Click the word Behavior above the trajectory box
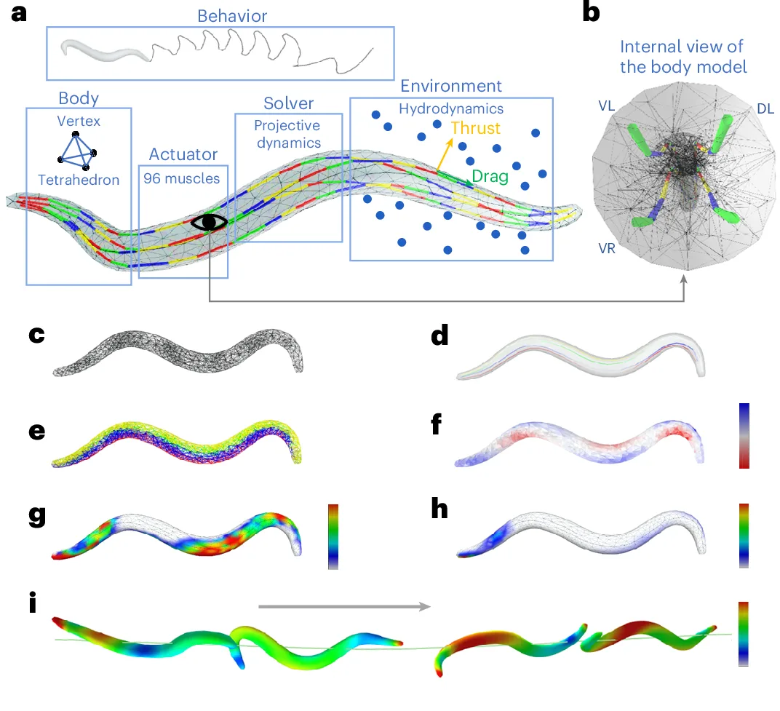coord(220,15)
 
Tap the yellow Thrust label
coord(475,129)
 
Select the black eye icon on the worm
coord(210,221)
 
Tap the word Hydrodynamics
coord(451,108)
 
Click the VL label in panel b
coord(607,106)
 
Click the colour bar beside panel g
coord(333,536)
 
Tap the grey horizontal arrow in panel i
coord(343,605)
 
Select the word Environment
coord(451,87)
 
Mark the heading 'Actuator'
coord(183,154)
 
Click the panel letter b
coord(592,13)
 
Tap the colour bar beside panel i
coord(742,633)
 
